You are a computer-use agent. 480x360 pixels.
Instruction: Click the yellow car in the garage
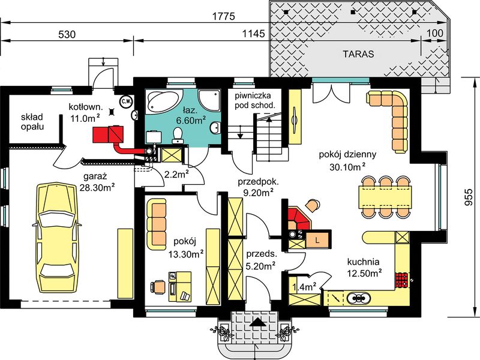[x=56, y=238]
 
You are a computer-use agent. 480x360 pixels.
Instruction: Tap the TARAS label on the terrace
[x=358, y=54]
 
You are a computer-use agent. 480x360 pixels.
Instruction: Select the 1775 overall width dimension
[x=224, y=16]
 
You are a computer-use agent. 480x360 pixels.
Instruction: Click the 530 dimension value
[x=67, y=34]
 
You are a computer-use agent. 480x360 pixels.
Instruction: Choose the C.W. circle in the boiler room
[x=125, y=101]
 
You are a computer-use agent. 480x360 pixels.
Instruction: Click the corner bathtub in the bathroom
[x=161, y=102]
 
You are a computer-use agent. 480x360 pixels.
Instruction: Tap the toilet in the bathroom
[x=177, y=136]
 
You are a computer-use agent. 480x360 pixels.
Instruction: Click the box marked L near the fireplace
[x=317, y=239]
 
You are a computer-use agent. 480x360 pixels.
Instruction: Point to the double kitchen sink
[x=358, y=297]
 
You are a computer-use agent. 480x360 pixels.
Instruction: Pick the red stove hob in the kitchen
[x=401, y=280]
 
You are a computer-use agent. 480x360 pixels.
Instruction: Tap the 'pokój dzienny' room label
[x=347, y=154]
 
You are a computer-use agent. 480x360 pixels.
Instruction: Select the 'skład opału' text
[x=32, y=122]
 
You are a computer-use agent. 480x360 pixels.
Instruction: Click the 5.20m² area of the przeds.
[x=260, y=266]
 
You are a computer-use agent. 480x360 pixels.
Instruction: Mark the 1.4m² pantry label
[x=305, y=287]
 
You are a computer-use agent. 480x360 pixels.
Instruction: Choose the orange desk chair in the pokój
[x=158, y=287]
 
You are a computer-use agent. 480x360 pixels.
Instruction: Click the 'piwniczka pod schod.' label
[x=255, y=100]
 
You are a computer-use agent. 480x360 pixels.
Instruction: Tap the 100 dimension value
[x=434, y=33]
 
